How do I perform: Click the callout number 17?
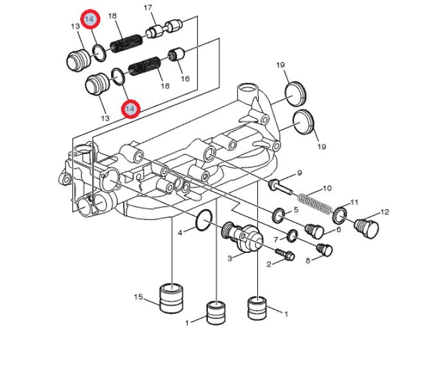click(x=148, y=8)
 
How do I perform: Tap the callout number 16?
click(x=185, y=79)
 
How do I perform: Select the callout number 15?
click(x=139, y=297)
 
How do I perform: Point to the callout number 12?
click(x=384, y=212)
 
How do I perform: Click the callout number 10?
click(x=327, y=188)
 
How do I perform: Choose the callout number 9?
click(x=300, y=173)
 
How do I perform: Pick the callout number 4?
click(x=180, y=233)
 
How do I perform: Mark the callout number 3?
click(x=230, y=258)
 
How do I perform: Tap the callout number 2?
click(x=269, y=264)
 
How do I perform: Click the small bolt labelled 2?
click(x=285, y=254)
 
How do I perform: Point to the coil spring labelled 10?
click(x=315, y=203)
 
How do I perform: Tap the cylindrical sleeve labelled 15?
click(x=171, y=298)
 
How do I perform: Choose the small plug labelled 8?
click(x=324, y=249)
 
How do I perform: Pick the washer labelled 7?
click(x=292, y=236)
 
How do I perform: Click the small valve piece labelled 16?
click(x=177, y=54)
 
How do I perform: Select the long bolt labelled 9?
click(x=281, y=186)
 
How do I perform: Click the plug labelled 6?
click(x=314, y=230)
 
